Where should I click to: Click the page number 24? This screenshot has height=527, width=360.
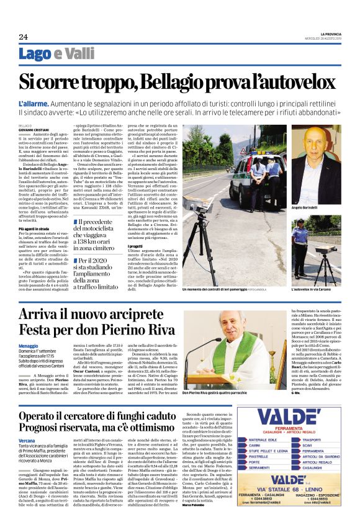pos(23,37)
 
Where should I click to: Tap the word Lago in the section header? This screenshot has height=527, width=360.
pos(35,54)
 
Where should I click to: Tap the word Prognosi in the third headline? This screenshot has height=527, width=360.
pos(45,426)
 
